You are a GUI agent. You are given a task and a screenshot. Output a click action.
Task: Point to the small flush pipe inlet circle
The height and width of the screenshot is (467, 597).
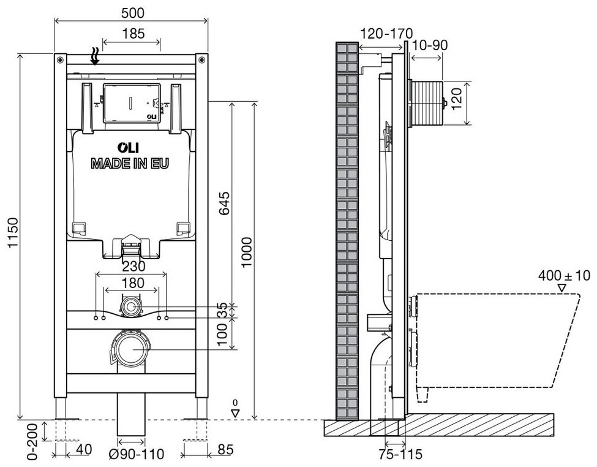coord(131,305)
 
